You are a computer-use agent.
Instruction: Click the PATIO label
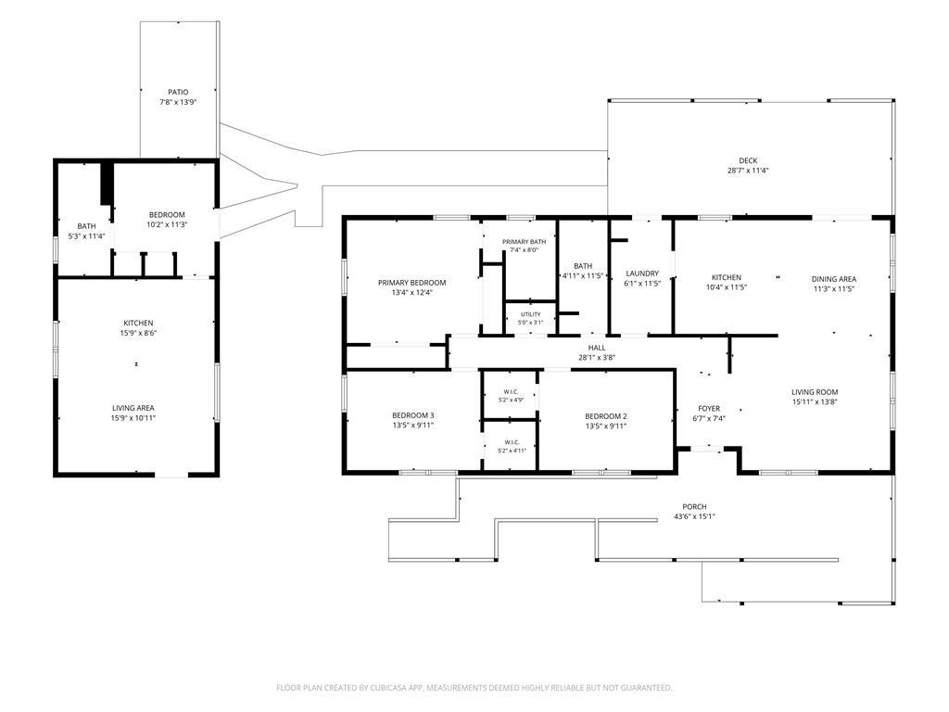[178, 92]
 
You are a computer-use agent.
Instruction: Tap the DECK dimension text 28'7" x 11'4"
[748, 171]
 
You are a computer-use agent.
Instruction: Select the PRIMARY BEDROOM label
[411, 283]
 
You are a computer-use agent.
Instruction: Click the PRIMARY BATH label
[525, 242]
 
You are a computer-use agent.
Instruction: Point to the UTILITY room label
[531, 314]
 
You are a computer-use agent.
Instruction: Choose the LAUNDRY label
[642, 273]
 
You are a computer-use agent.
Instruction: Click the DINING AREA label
[833, 279]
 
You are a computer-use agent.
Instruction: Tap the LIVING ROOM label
[815, 392]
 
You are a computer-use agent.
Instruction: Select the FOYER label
[709, 409]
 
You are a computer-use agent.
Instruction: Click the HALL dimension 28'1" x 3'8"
[597, 358]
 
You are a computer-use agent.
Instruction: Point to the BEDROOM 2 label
[606, 416]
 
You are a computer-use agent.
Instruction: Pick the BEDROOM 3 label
[412, 415]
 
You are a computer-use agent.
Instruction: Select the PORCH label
[694, 507]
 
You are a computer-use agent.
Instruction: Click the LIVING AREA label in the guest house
[133, 408]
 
